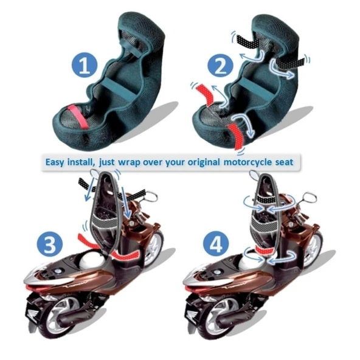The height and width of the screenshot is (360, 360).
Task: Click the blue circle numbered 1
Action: coord(85,66)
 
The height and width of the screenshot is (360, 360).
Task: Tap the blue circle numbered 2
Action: coord(220,66)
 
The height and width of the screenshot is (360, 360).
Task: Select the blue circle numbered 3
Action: coord(50,244)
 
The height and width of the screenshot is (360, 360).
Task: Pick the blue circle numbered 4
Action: coord(216,244)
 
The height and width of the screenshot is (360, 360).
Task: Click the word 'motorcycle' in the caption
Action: coord(247,162)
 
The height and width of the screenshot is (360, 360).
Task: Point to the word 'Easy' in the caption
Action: coord(55,162)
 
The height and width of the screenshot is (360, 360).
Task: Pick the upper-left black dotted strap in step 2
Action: coord(247,41)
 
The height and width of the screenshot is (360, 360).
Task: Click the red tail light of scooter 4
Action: coord(192,288)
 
